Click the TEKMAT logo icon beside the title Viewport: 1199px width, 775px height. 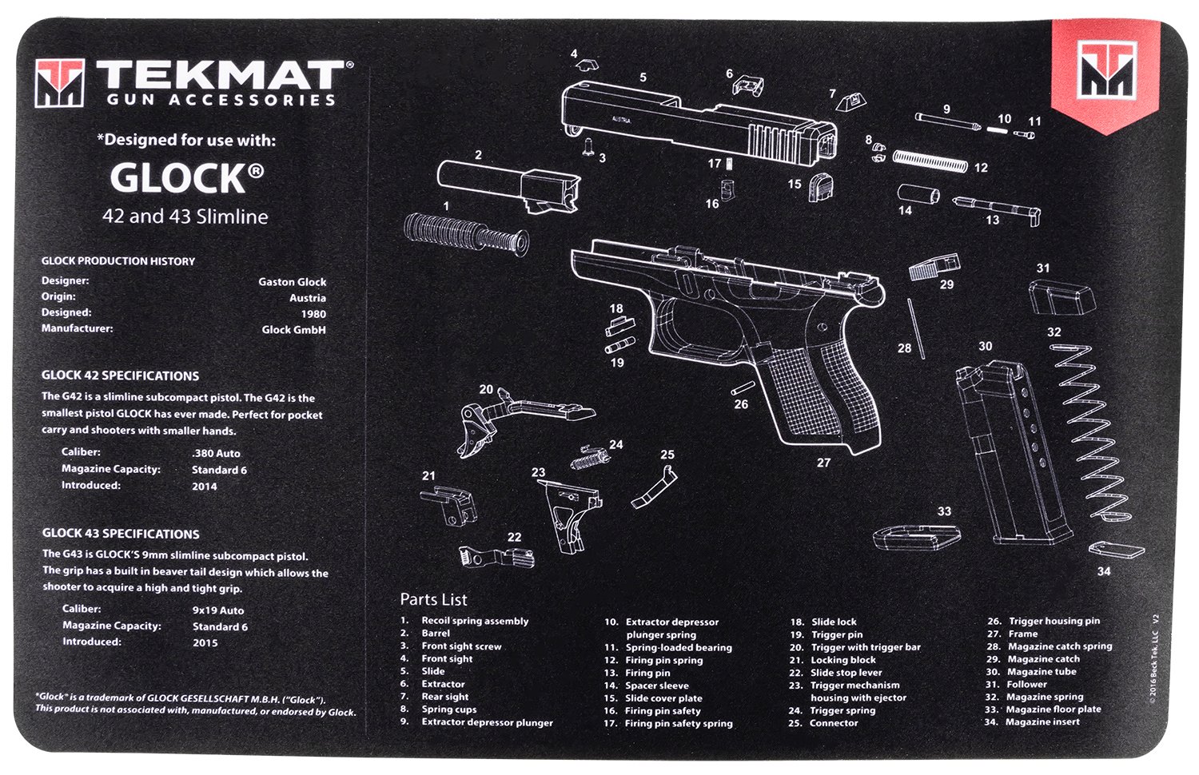59,83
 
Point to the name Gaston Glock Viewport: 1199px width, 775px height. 292,282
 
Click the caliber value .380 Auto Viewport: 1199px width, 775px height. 216,453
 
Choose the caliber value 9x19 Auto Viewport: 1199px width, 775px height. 218,610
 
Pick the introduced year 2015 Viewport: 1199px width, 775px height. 205,642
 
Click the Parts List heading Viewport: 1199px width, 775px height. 433,599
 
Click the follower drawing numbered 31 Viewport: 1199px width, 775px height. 1058,300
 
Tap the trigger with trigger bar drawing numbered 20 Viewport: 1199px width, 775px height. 520,412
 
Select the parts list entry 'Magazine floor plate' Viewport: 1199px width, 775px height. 1053,709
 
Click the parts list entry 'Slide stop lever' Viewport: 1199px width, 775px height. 846,673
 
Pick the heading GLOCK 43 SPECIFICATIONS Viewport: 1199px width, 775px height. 121,534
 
